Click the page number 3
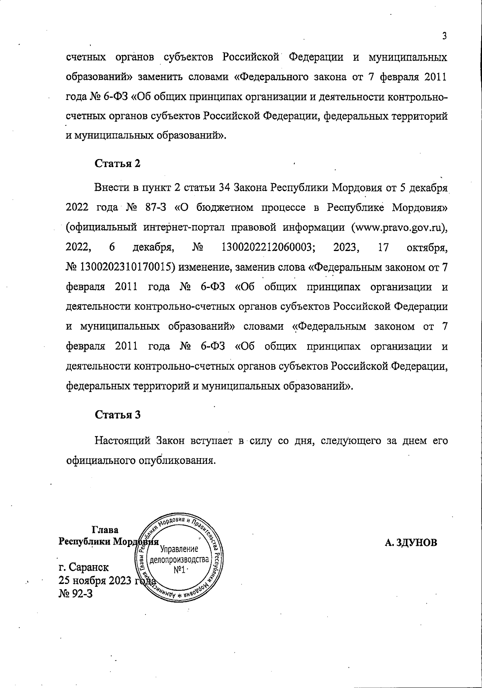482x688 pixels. pos(444,36)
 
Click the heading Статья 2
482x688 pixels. pos(117,163)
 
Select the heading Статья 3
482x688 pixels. pos(117,415)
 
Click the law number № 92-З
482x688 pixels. pos(76,592)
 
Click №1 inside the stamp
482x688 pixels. pos(180,571)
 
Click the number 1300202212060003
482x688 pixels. pos(268,247)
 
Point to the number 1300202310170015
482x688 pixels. pos(127,267)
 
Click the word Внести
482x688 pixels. pos(110,188)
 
